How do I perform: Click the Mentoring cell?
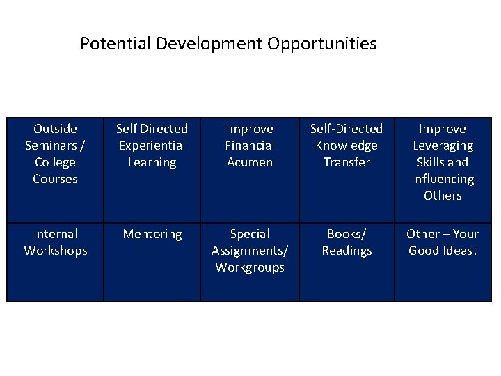pos(152,234)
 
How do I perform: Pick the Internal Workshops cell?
pos(56,242)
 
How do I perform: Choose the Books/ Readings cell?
pos(347,242)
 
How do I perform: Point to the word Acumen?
pos(250,162)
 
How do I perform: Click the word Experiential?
pos(152,146)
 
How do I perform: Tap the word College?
pos(56,162)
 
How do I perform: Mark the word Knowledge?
pos(347,146)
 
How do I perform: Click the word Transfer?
pos(347,162)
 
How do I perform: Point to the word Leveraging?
pos(443,146)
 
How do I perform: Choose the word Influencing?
pos(443,179)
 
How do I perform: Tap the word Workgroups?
pos(250,267)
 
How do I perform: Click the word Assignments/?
pos(250,251)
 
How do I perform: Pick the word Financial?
pos(250,146)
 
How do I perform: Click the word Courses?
pos(56,179)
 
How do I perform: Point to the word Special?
pos(250,234)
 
